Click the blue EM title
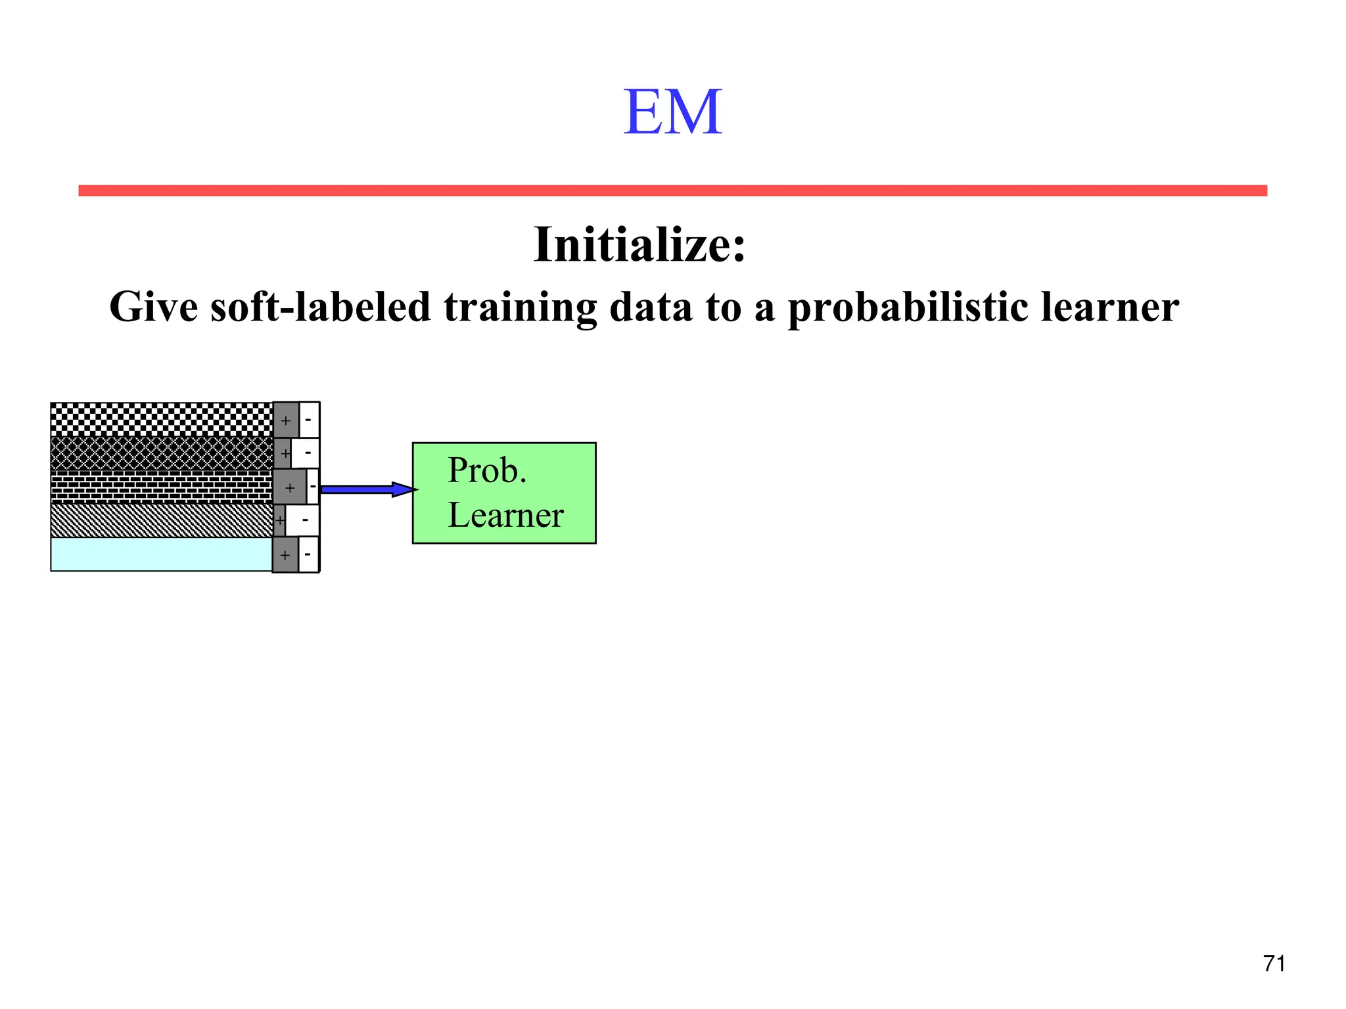672,112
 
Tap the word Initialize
638,244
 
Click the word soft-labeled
320,307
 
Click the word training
520,307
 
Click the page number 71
1274,963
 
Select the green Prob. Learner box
504,493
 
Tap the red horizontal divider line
672,191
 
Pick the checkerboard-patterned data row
161,419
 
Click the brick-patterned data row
161,487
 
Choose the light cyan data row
161,554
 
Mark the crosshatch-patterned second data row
161,453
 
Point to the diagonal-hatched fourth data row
161,520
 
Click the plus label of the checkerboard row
286,420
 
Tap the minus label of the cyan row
308,554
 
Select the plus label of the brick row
290,488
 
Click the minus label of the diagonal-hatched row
305,521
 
